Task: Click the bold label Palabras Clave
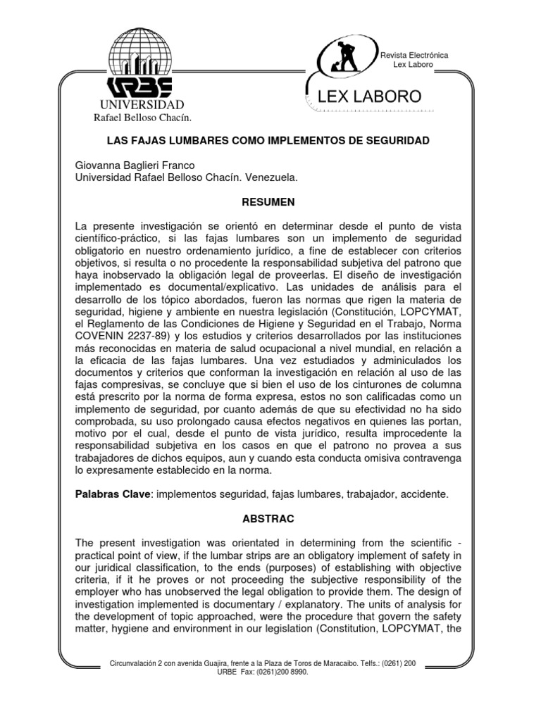click(x=112, y=494)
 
